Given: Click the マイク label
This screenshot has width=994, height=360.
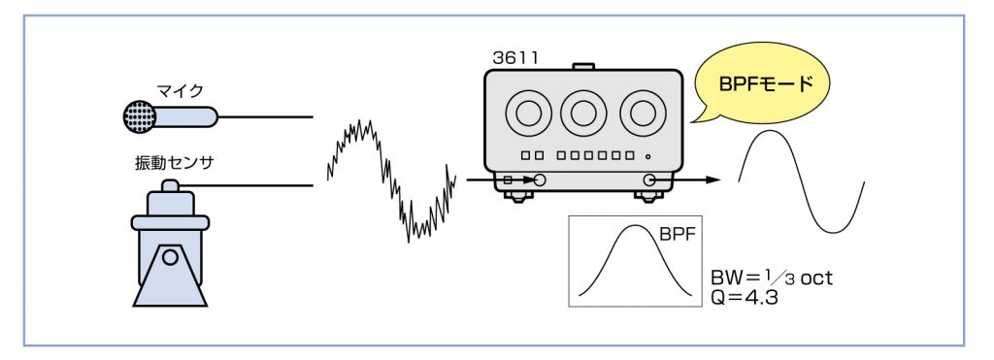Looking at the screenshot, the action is [180, 91].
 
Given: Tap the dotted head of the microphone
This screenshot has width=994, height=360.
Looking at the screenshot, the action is [139, 117].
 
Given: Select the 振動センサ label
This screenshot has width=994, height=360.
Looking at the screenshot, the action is [175, 163].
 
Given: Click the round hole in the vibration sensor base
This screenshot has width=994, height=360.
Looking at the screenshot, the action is [169, 257].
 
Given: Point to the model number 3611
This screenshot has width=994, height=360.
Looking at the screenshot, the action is [514, 57].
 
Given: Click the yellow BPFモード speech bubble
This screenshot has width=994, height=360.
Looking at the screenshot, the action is [763, 83].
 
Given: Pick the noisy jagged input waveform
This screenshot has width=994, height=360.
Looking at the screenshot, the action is [391, 180].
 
